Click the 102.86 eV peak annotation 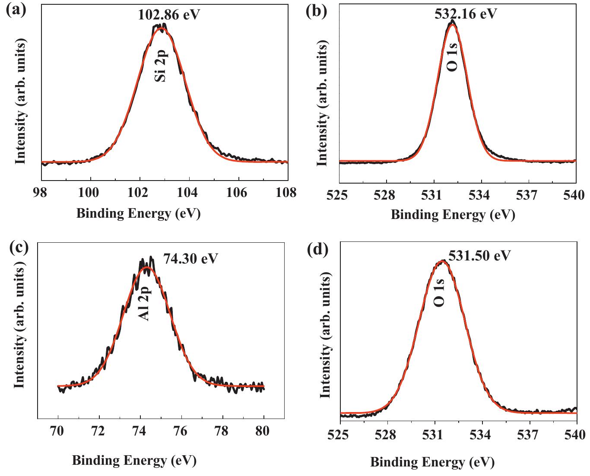[x=169, y=15]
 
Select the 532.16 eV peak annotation [x=466, y=14]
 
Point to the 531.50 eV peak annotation [x=479, y=255]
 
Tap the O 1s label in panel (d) [x=439, y=293]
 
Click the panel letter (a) [x=16, y=9]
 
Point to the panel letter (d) [x=318, y=249]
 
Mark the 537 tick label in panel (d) [x=530, y=435]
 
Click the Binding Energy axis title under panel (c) [x=134, y=460]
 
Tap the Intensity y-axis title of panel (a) [x=20, y=101]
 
